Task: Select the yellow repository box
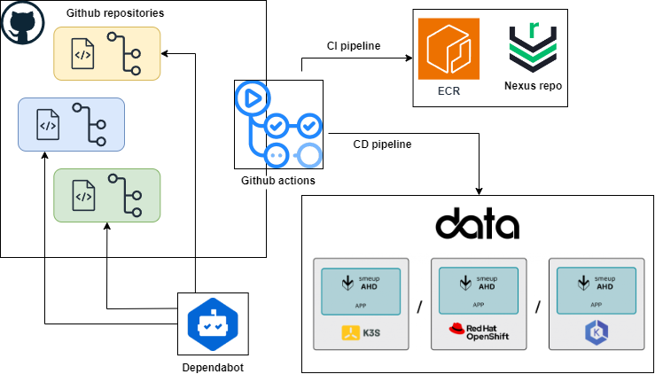point(106,53)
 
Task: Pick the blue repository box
point(71,124)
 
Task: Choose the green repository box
point(106,195)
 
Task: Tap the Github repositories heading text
point(115,15)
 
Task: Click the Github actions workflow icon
point(277,124)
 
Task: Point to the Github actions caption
point(277,181)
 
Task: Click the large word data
point(477,223)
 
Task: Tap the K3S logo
point(361,333)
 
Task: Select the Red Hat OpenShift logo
point(478,333)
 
